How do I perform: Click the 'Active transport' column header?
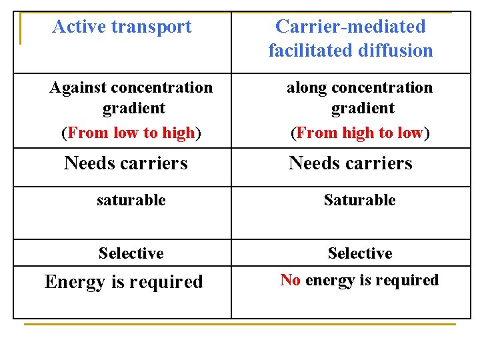coord(122,27)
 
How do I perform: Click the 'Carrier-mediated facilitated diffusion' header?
coord(351,38)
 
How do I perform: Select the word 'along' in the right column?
coord(307,87)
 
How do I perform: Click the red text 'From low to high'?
coord(131,133)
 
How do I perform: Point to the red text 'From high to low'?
coord(360,133)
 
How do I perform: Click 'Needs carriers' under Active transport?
coord(126,163)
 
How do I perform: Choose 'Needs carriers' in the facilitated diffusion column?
coord(351,163)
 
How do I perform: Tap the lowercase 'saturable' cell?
coord(131,200)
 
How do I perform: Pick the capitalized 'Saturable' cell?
coord(360,200)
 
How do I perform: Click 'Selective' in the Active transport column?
coord(131,253)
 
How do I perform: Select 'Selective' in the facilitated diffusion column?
coord(360,253)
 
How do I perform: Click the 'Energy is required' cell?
coord(124,282)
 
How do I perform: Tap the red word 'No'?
coord(290,280)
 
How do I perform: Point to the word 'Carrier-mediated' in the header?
coord(351,27)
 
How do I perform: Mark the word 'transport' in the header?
coord(151,27)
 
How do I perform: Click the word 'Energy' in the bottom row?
coord(75,283)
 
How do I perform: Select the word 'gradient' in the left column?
coord(134,108)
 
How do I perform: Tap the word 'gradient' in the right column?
coord(363,108)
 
